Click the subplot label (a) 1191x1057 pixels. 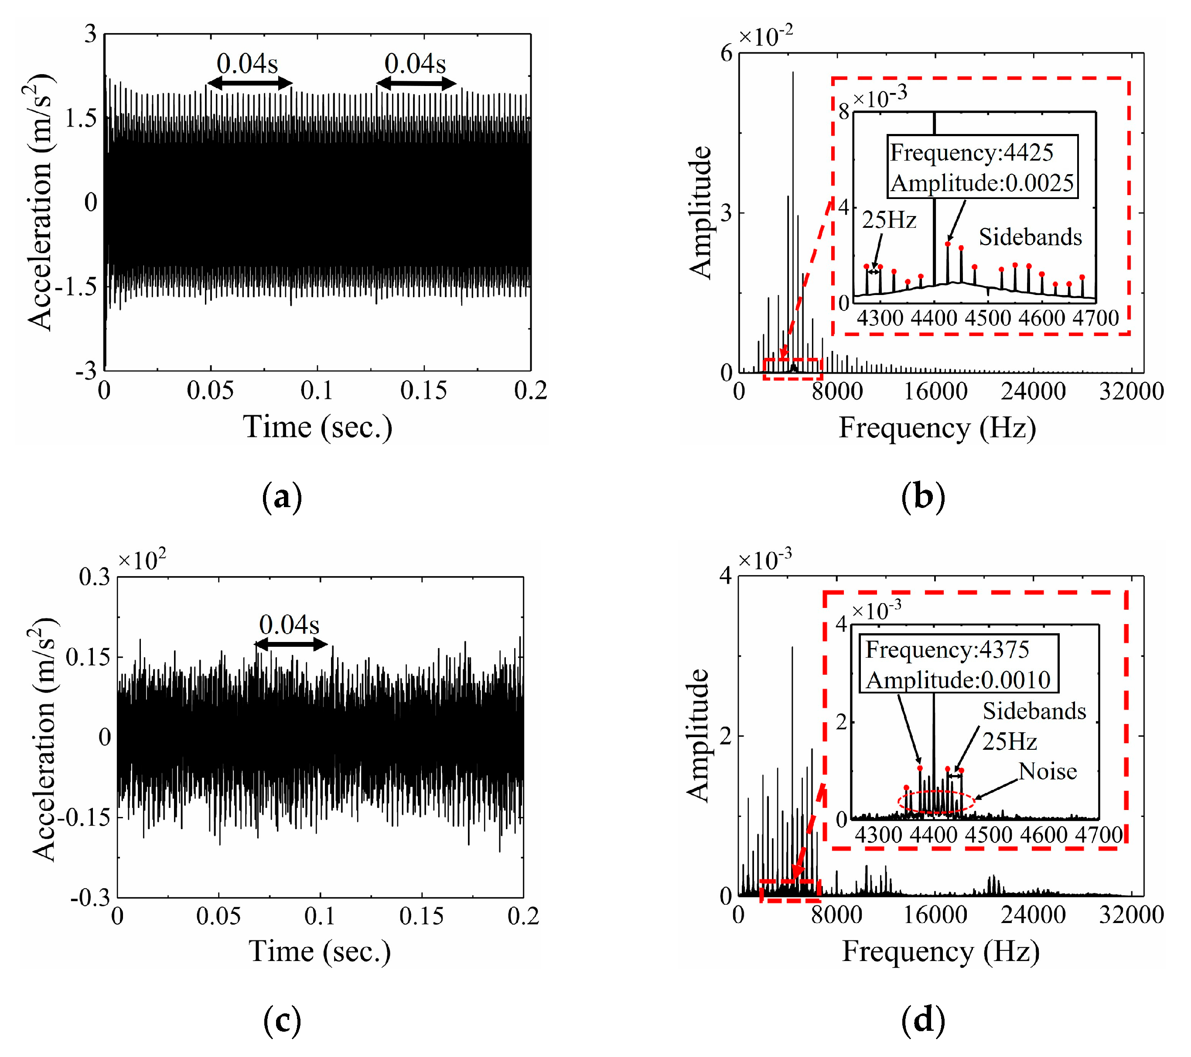(x=282, y=498)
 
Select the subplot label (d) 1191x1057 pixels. (x=922, y=1021)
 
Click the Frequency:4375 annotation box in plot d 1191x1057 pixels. (x=959, y=665)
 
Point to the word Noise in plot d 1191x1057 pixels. (x=1047, y=771)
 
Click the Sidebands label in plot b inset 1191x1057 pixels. (x=1030, y=237)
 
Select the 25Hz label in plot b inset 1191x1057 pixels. (x=889, y=220)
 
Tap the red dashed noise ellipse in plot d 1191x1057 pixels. (x=936, y=802)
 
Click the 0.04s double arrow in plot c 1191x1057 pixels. (x=291, y=644)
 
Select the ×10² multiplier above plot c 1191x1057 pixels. (x=142, y=559)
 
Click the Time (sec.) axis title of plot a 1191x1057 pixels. (x=317, y=427)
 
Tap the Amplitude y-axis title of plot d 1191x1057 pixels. (x=697, y=736)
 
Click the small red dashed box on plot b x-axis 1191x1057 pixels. (x=792, y=369)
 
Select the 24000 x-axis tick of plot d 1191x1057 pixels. (x=1033, y=914)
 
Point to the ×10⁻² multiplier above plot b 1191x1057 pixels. (x=765, y=36)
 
